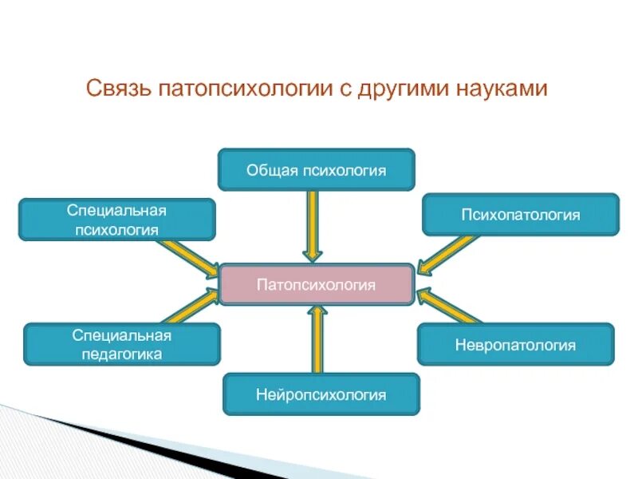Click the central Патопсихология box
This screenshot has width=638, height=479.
pyautogui.click(x=317, y=284)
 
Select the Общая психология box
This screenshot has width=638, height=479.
pyautogui.click(x=317, y=169)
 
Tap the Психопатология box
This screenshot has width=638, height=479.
pyautogui.click(x=520, y=215)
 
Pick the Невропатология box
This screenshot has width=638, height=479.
pyautogui.click(x=515, y=345)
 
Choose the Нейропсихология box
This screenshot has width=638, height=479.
pyautogui.click(x=321, y=394)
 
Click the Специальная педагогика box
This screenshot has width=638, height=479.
pyautogui.click(x=122, y=344)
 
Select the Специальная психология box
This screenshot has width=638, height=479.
pyautogui.click(x=116, y=220)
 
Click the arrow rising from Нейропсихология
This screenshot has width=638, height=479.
pyautogui.click(x=317, y=339)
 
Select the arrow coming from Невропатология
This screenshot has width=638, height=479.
pyautogui.click(x=447, y=307)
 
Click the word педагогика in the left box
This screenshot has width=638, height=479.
pyautogui.click(x=122, y=354)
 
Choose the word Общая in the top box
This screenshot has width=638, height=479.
pyautogui.click(x=272, y=169)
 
